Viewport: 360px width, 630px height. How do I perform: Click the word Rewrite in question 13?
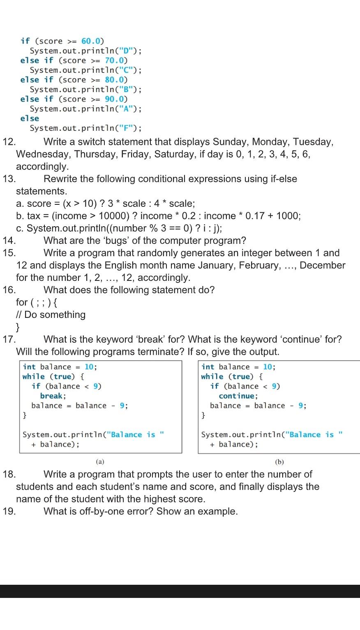click(60, 179)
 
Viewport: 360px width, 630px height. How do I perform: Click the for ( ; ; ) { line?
click(37, 303)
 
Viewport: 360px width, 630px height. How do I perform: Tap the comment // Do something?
click(51, 315)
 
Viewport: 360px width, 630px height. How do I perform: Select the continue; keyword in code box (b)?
click(238, 396)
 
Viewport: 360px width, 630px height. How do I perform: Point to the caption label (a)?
click(100, 462)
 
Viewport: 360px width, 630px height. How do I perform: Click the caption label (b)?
click(279, 462)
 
